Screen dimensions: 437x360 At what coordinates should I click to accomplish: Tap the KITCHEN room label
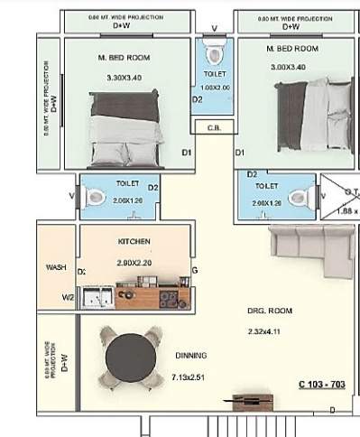pyautogui.click(x=134, y=242)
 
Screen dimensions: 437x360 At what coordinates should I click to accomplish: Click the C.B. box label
pyautogui.click(x=214, y=127)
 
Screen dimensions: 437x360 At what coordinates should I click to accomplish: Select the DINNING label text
pyautogui.click(x=191, y=355)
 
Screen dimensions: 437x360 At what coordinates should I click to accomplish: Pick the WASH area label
pyautogui.click(x=55, y=267)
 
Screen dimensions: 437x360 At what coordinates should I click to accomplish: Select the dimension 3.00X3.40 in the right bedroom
pyautogui.click(x=289, y=66)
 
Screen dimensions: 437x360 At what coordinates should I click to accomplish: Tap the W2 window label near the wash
pyautogui.click(x=68, y=296)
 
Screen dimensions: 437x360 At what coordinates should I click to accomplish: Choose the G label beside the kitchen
pyautogui.click(x=195, y=271)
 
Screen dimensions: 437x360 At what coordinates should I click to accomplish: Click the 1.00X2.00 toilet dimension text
pyautogui.click(x=215, y=88)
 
